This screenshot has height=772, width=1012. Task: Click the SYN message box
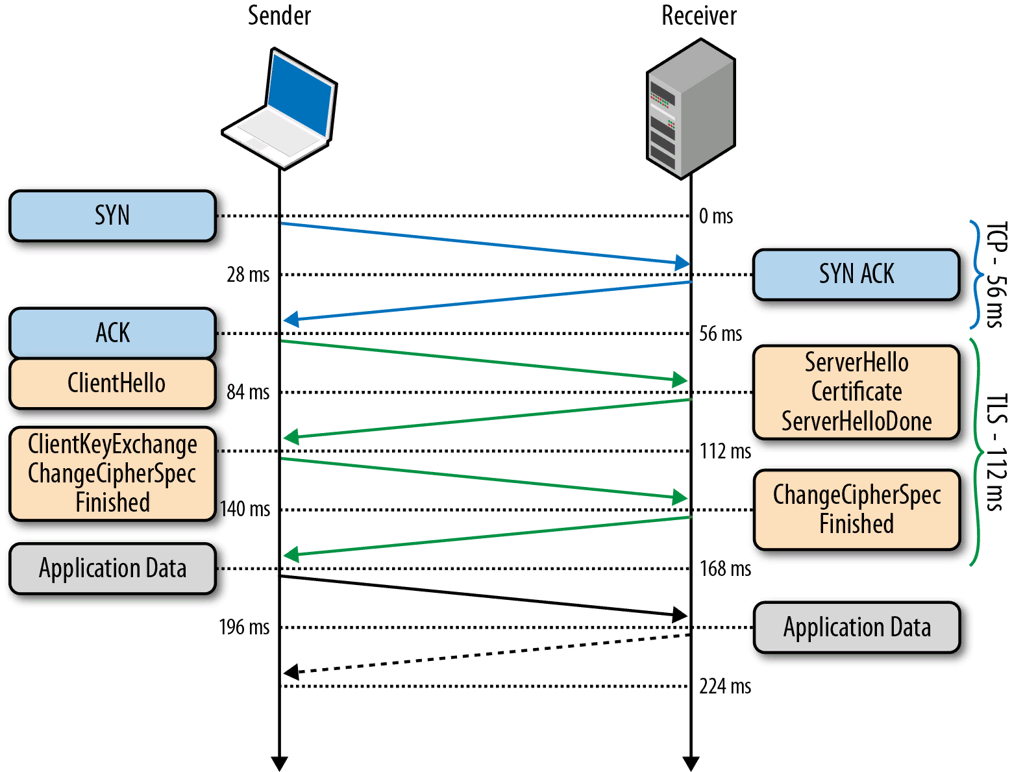(x=112, y=216)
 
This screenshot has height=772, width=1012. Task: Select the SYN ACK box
(x=856, y=274)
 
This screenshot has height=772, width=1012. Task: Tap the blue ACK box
(x=112, y=332)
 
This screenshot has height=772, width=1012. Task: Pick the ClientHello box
(x=112, y=383)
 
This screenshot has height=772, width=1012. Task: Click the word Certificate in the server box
(x=856, y=392)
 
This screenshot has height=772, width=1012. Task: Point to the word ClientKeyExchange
(x=112, y=445)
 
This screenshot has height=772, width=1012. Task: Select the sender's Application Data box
(x=112, y=568)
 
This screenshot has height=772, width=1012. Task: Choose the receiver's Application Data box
(x=856, y=627)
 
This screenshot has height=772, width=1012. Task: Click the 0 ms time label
(x=716, y=216)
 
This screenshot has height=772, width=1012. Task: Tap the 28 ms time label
(x=248, y=275)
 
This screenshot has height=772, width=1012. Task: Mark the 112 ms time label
(x=725, y=451)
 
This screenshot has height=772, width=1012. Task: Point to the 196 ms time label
(x=244, y=627)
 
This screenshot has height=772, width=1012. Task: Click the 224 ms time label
(x=725, y=686)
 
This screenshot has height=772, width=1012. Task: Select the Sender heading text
(x=279, y=16)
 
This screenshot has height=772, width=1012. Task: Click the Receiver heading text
(x=698, y=16)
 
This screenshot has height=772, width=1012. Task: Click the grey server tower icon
(x=691, y=108)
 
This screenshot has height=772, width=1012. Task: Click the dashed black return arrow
(x=487, y=654)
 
